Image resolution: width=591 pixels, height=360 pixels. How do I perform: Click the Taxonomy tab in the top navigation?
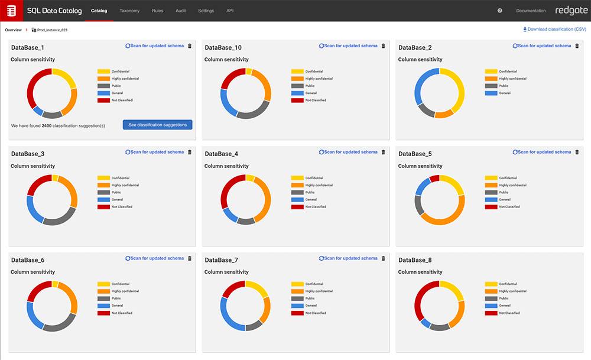click(129, 11)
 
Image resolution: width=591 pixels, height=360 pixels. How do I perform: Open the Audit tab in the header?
click(181, 11)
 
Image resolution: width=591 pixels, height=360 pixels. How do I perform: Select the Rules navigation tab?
click(157, 11)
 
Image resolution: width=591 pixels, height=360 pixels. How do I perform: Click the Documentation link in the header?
click(531, 11)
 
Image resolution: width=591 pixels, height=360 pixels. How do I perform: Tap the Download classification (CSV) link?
click(554, 29)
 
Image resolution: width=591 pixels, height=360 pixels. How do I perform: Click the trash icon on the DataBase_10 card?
click(383, 46)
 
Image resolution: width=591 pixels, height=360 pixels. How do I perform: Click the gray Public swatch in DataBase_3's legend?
click(103, 192)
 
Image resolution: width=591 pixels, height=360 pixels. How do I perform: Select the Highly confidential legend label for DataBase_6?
click(125, 291)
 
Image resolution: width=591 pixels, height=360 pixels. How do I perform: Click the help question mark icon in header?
click(500, 11)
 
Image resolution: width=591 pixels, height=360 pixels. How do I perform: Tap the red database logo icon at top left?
click(11, 11)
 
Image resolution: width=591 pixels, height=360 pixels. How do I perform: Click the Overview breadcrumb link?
click(13, 30)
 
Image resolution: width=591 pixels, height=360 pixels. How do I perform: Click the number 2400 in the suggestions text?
click(47, 125)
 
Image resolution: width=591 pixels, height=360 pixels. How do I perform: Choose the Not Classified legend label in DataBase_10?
click(316, 100)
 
